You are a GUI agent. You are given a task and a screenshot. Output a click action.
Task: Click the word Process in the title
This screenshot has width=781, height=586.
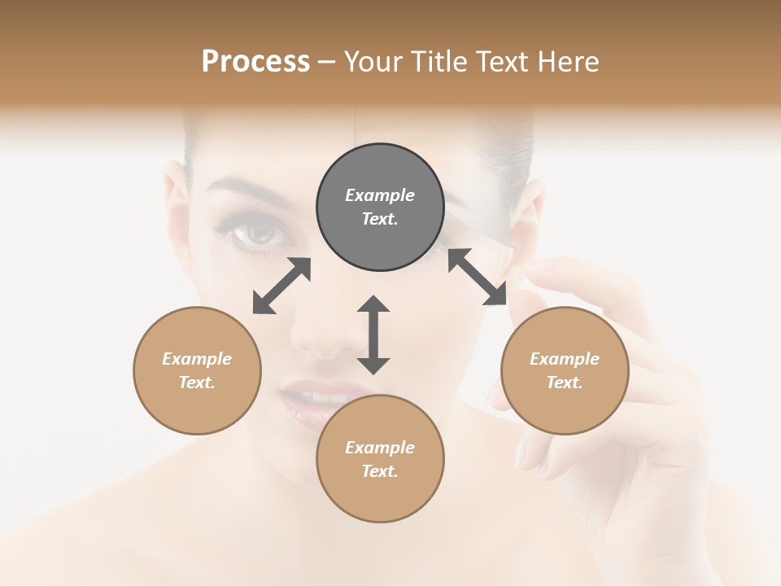[255, 62]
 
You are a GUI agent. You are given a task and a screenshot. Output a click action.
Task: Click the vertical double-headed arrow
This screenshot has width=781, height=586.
[373, 335]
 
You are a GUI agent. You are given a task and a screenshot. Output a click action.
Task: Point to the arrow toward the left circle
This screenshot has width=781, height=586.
[281, 286]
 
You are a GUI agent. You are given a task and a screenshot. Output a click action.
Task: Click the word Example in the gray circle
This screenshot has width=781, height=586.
[380, 195]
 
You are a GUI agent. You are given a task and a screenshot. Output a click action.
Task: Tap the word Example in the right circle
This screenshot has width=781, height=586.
[565, 359]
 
